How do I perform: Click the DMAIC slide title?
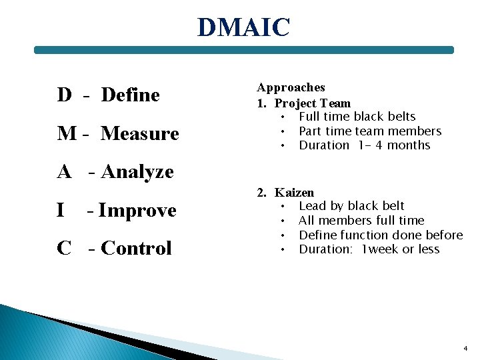click(244, 28)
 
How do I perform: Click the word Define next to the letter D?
click(131, 95)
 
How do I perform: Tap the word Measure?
click(140, 134)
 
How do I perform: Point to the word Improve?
click(137, 211)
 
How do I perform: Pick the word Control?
click(136, 249)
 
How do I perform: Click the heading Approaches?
click(291, 87)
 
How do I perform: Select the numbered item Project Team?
click(312, 103)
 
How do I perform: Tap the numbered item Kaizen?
click(294, 193)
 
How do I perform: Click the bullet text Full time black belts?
click(357, 117)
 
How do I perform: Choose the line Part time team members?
click(370, 131)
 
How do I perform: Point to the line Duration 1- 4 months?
click(365, 145)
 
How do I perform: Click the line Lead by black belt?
click(351, 206)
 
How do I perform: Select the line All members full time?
click(361, 221)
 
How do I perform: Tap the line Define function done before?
click(381, 235)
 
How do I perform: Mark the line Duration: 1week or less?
click(369, 249)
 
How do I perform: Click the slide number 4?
click(465, 349)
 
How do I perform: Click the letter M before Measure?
click(67, 134)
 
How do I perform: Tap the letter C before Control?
click(64, 249)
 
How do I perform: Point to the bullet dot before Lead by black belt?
click(283, 206)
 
